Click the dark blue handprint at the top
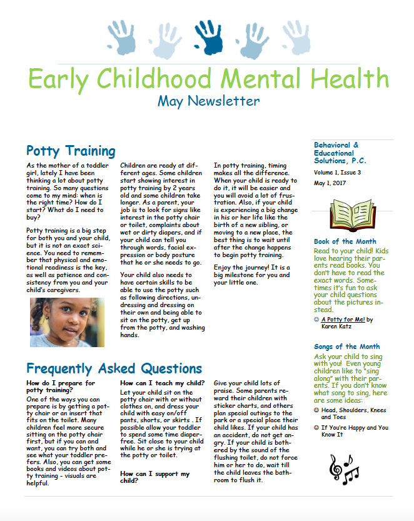coord(208,37)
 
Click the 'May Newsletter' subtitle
coord(208,100)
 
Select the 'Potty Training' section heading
coord(71,151)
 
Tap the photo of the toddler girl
coord(67,322)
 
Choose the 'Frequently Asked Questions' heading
coord(114,368)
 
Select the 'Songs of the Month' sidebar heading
coord(346,346)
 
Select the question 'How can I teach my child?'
coord(162,383)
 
